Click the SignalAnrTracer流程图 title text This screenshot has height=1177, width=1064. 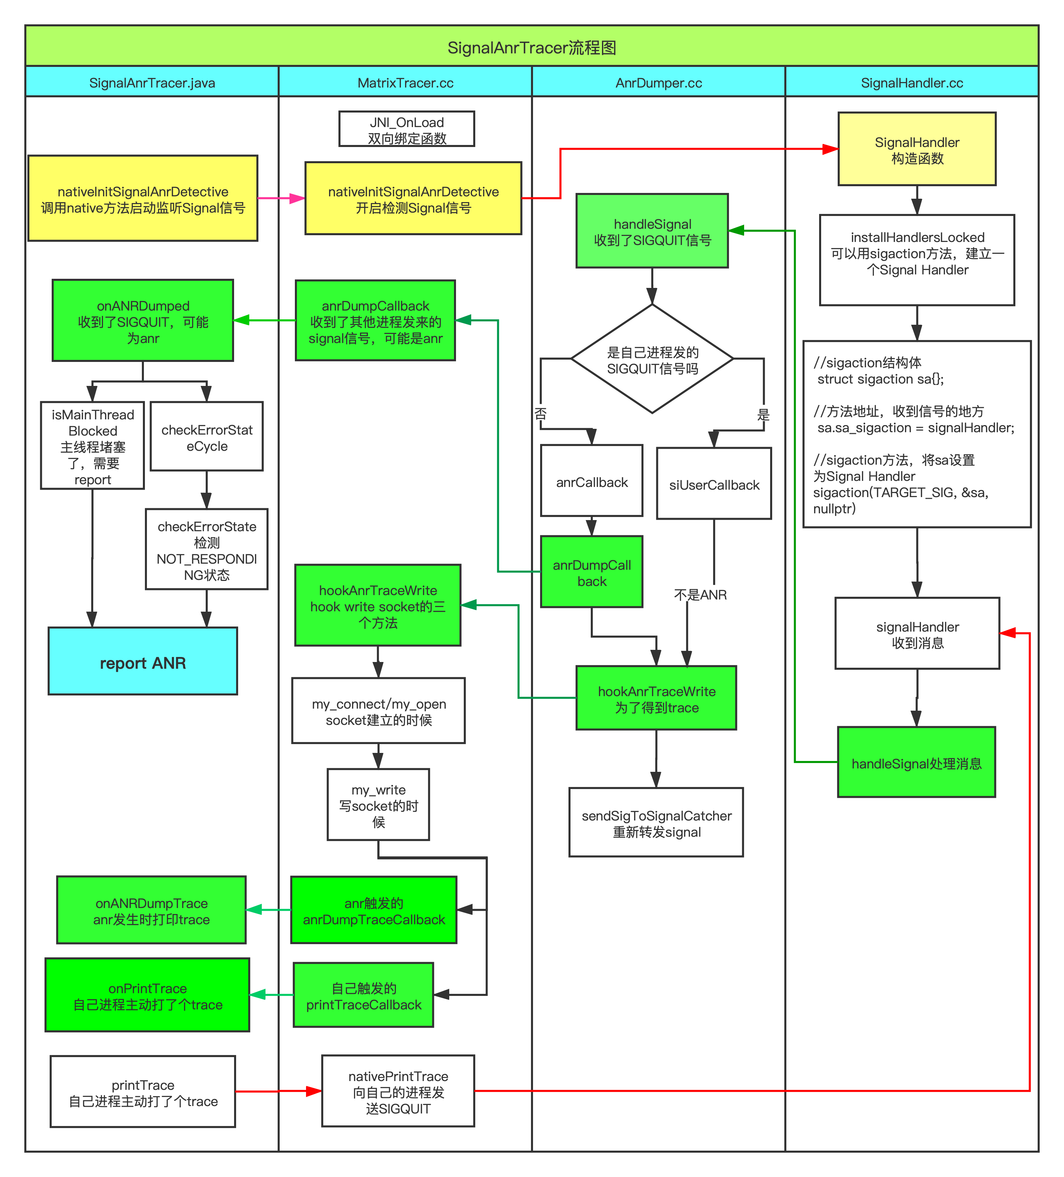click(x=532, y=47)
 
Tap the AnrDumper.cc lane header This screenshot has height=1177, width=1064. click(x=658, y=83)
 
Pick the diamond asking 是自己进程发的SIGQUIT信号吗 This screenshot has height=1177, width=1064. click(x=652, y=360)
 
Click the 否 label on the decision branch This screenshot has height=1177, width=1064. click(x=540, y=413)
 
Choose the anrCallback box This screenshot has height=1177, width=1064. click(x=592, y=482)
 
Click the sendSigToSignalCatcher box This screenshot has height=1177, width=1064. click(x=656, y=823)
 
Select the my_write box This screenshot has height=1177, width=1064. click(x=378, y=805)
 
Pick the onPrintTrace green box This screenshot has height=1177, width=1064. click(x=148, y=996)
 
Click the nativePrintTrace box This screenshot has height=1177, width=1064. click(x=398, y=1092)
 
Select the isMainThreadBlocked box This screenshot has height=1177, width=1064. click(x=92, y=446)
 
